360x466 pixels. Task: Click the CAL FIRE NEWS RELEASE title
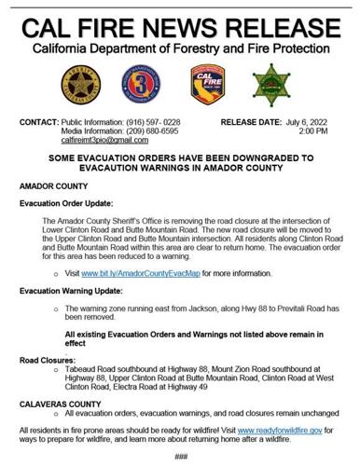[180, 22]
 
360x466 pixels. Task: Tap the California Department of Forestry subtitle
[180, 47]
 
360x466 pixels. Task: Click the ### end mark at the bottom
[181, 456]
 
